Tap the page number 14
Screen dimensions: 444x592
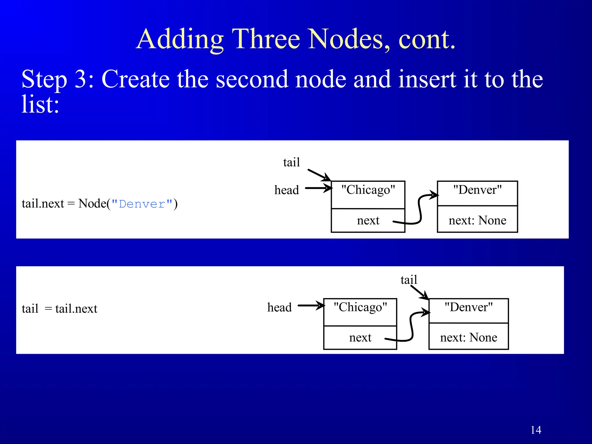click(536, 430)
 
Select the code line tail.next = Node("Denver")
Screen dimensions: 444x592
click(99, 203)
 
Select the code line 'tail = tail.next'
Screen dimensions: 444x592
click(59, 308)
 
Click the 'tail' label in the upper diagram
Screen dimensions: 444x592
click(291, 162)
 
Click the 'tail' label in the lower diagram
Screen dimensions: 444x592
click(409, 280)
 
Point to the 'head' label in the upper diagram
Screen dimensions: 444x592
click(286, 190)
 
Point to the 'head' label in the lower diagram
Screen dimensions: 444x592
click(279, 307)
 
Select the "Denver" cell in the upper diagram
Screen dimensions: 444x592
click(477, 193)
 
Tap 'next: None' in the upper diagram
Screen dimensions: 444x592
click(477, 220)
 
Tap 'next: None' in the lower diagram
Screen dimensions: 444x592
click(469, 337)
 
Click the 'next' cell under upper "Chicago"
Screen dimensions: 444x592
click(368, 220)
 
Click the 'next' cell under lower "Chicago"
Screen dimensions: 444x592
click(360, 337)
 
